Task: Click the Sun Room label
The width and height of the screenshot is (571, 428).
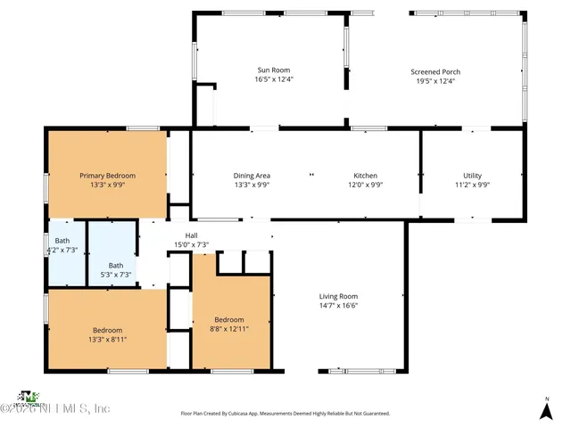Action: tap(274, 70)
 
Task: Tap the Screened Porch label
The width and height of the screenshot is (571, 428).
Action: tap(435, 72)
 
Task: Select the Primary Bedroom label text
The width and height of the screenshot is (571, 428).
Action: tap(108, 176)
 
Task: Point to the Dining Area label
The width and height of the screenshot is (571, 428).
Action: tap(252, 176)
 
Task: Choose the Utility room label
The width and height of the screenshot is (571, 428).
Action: tap(472, 176)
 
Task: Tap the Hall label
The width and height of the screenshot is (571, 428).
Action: tap(191, 235)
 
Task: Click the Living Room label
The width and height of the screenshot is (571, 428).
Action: tap(338, 296)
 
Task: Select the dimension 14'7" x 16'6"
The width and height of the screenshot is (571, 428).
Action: tap(338, 305)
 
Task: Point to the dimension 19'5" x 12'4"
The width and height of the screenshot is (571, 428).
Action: tap(435, 81)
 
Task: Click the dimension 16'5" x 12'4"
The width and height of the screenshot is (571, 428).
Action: tap(274, 79)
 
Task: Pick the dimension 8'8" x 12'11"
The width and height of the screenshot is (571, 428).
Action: tap(229, 328)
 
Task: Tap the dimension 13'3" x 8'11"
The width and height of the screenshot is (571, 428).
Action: tap(108, 339)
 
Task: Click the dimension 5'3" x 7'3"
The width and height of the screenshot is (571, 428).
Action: tap(116, 275)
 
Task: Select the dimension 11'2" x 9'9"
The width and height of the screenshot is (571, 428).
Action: tap(472, 185)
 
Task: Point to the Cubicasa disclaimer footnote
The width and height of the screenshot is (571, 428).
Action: tap(285, 414)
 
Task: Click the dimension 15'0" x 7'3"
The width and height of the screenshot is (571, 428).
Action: tap(191, 244)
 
